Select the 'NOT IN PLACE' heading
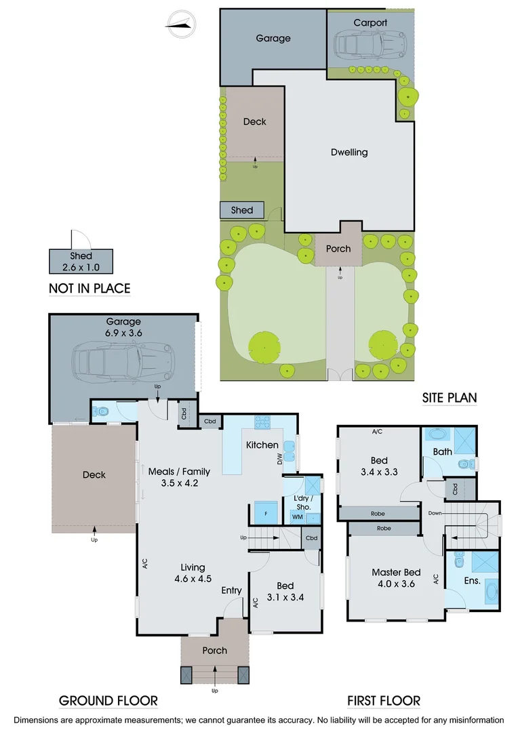[x=89, y=289]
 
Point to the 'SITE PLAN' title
[x=449, y=398]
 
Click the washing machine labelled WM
[x=296, y=517]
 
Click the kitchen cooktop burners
[x=262, y=422]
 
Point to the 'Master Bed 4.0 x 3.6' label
[x=396, y=578]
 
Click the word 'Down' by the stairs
[x=435, y=513]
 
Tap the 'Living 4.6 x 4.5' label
[x=193, y=573]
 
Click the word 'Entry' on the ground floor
[x=231, y=590]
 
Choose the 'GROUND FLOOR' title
[x=108, y=701]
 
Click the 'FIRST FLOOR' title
[x=384, y=701]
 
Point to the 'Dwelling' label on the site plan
[x=349, y=152]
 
